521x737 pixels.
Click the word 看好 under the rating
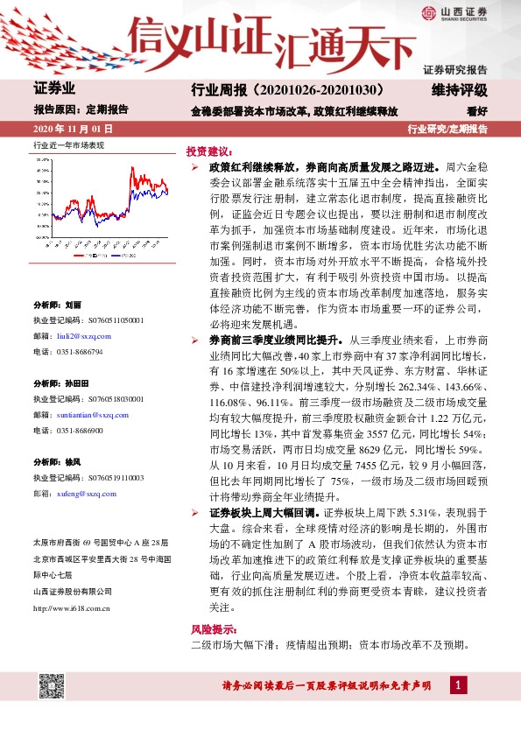click(x=476, y=111)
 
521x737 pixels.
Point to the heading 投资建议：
click(x=208, y=151)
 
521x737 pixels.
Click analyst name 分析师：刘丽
click(x=57, y=305)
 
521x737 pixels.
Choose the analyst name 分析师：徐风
click(x=57, y=462)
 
